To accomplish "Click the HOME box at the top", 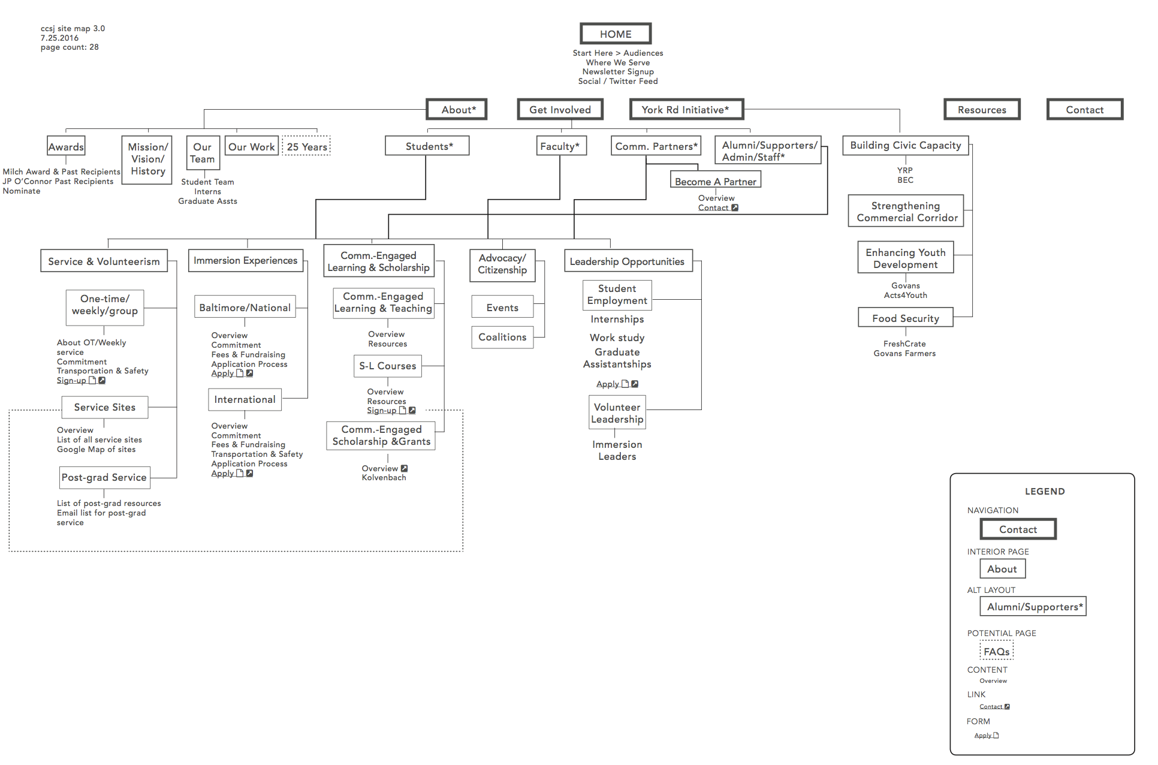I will [x=616, y=34].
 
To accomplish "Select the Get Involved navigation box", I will [x=560, y=110].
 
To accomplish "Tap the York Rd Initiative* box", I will [x=686, y=110].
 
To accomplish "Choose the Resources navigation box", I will [x=981, y=110].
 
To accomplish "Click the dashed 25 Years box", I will [x=306, y=147].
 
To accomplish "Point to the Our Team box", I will [x=203, y=153].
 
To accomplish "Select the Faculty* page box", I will [x=560, y=146].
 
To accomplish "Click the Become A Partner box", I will [x=715, y=181].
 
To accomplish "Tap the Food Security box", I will [x=905, y=318].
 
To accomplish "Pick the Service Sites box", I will [x=105, y=407].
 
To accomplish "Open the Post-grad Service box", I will [x=104, y=477].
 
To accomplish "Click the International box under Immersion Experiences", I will [x=245, y=399].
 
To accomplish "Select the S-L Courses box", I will [x=387, y=366].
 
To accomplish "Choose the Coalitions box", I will [x=502, y=337].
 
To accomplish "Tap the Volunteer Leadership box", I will [x=617, y=413].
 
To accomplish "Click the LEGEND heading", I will [x=1044, y=492].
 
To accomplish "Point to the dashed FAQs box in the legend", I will [x=996, y=652].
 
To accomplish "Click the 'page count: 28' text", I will [x=70, y=47].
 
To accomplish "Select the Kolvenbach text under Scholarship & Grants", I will [x=384, y=478].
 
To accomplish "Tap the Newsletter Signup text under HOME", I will [x=618, y=72].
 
